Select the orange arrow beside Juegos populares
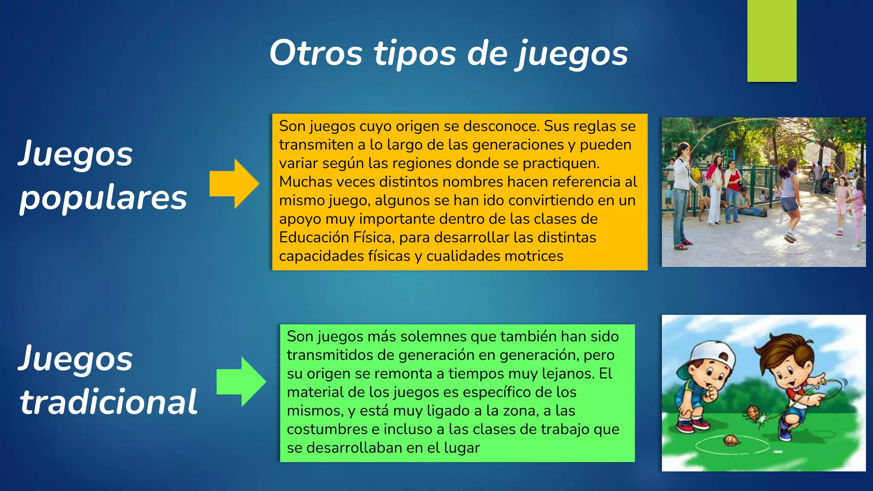(x=234, y=184)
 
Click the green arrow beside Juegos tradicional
(x=241, y=381)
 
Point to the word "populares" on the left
(x=103, y=199)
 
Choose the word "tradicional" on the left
(x=108, y=401)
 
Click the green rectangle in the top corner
(x=772, y=40)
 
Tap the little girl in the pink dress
(x=841, y=205)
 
